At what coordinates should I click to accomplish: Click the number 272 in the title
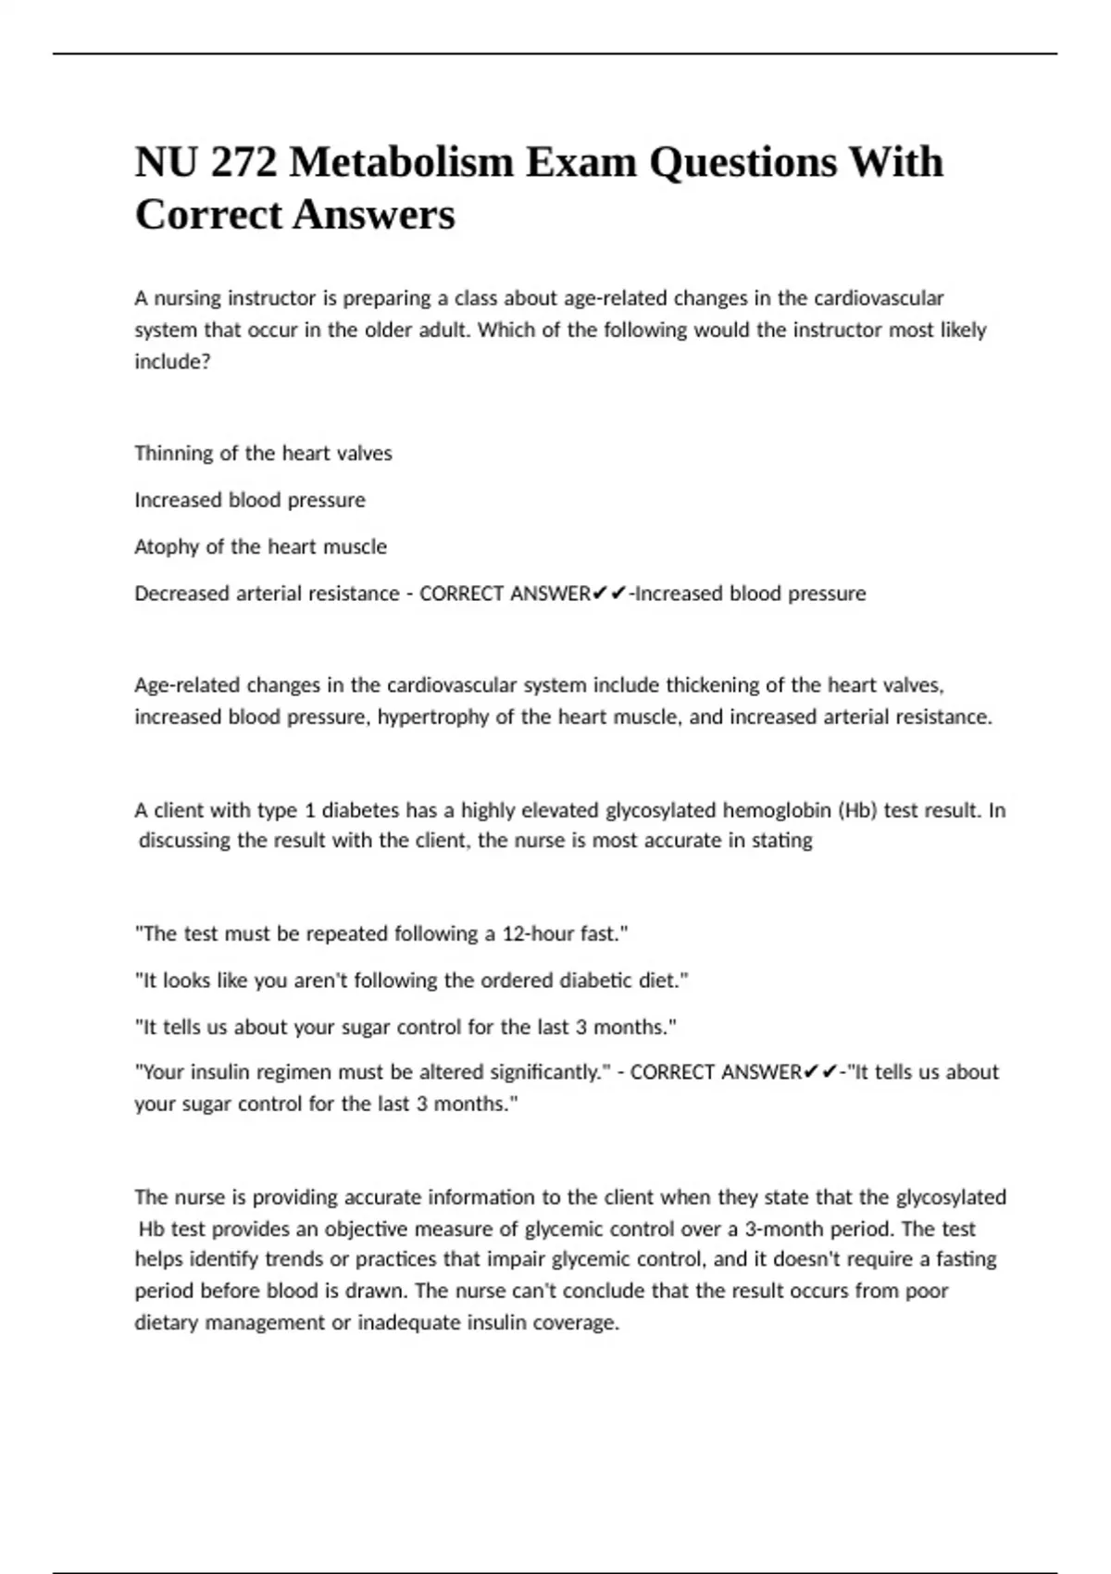pos(244,163)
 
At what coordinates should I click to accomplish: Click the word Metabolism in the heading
pos(401,163)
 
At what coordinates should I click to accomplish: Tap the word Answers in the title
pos(374,215)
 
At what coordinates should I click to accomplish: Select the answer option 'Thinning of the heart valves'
pos(263,454)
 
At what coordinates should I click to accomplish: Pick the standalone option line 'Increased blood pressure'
pos(250,500)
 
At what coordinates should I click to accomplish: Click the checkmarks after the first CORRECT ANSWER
pos(609,593)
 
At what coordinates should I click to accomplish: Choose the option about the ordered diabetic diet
pos(412,981)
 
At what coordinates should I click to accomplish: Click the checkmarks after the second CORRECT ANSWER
pos(819,1072)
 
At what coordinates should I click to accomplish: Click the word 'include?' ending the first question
pos(172,362)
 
